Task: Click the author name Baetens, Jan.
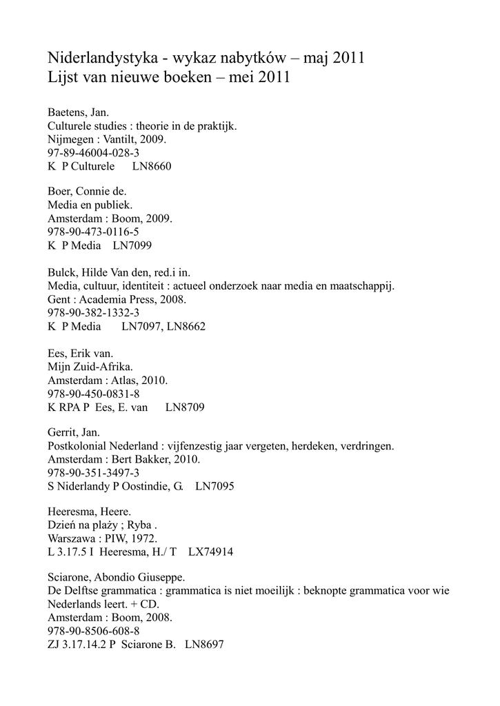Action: (78, 112)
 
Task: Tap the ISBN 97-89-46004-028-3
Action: (93, 153)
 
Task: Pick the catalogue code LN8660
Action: (151, 167)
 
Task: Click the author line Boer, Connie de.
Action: (87, 191)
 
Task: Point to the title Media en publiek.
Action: (90, 205)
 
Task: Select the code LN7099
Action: (134, 245)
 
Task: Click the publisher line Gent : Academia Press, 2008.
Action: (117, 299)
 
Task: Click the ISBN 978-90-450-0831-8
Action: (93, 394)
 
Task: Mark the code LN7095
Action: (214, 487)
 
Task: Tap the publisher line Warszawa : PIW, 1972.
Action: (103, 538)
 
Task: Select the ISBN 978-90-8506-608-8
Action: (93, 631)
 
